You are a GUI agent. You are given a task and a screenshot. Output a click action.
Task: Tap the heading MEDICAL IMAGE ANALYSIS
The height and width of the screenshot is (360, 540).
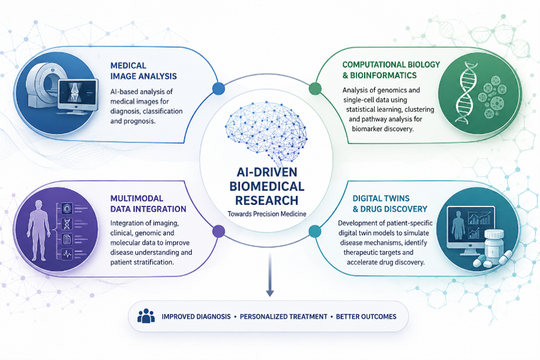coord(143,71)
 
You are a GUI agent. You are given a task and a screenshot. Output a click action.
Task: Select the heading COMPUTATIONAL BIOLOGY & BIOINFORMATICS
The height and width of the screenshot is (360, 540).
coord(391,70)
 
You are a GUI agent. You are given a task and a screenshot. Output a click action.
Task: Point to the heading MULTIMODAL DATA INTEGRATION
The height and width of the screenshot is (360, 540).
coord(148,204)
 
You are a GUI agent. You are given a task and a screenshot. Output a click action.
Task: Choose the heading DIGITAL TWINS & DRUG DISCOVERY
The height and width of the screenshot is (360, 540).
coord(390,204)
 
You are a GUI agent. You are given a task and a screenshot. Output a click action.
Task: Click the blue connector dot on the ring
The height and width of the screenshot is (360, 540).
coord(219,89)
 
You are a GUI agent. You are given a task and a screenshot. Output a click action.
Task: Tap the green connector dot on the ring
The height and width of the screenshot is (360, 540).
coord(315,89)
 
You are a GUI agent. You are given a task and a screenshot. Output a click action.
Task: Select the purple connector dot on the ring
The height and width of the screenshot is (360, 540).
coord(219,231)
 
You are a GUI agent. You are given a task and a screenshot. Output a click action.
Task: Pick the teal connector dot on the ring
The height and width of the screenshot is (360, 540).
coord(315,231)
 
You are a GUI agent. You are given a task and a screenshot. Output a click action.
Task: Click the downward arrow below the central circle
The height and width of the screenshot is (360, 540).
coord(270,274)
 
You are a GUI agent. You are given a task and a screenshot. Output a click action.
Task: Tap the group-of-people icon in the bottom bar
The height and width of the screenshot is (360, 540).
coord(146,316)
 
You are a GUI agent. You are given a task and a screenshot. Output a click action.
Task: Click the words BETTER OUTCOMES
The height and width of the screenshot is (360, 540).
coord(366,316)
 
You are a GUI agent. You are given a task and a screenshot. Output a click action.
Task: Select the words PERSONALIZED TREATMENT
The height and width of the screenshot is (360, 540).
coord(283,316)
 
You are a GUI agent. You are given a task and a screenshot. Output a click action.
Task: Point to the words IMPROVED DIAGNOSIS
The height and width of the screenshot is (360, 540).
coord(197,316)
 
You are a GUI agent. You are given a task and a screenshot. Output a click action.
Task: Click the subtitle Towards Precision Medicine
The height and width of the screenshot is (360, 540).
coord(267,214)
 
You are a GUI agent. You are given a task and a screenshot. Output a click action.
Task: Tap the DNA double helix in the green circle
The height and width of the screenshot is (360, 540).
coord(467,92)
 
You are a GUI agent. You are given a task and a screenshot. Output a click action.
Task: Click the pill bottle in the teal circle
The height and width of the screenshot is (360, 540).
coord(494,247)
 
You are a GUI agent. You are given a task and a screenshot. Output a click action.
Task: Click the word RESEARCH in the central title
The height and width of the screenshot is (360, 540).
coord(267,201)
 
